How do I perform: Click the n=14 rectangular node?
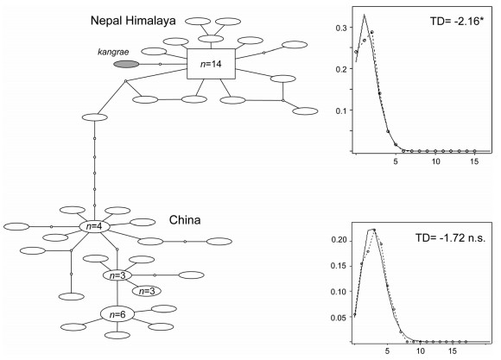(x=211, y=64)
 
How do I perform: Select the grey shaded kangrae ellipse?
(x=126, y=64)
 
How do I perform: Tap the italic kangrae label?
(x=113, y=52)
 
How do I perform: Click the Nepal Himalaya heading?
(x=133, y=21)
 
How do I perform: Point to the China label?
(x=185, y=220)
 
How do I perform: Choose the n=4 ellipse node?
(x=94, y=226)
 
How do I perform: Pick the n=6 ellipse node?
(x=117, y=314)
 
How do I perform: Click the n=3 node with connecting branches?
(x=117, y=275)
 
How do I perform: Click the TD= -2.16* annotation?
(x=455, y=21)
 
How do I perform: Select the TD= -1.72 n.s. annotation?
(x=451, y=237)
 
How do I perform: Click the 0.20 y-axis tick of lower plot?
(x=339, y=240)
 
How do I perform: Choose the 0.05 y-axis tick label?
(x=339, y=318)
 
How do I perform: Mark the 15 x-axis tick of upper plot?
(x=475, y=161)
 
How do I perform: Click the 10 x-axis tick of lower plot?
(x=421, y=351)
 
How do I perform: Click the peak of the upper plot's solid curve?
(x=365, y=15)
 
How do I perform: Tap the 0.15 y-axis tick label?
(x=339, y=266)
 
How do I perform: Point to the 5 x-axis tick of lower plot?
(x=387, y=351)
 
